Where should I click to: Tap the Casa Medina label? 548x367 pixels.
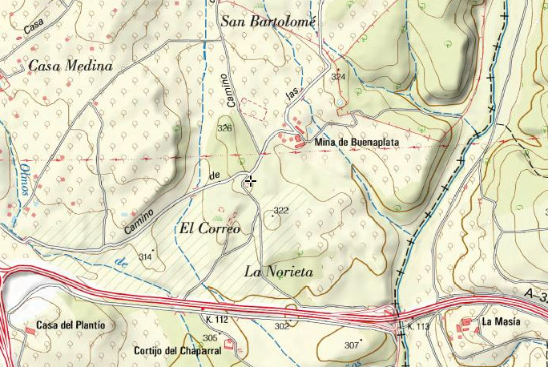point(70,66)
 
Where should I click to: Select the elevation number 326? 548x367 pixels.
point(224,128)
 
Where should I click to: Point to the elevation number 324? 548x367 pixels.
point(338,77)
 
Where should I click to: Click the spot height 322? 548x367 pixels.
point(280,211)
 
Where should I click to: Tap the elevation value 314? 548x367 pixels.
point(145,256)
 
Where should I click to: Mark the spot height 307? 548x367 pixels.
point(351,345)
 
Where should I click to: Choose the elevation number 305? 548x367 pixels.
point(209,338)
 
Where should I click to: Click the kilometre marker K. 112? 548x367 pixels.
point(216,319)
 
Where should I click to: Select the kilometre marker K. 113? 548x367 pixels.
point(419,326)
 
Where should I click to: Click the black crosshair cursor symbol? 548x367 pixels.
point(251,181)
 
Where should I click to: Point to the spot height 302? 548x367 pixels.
point(281,326)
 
